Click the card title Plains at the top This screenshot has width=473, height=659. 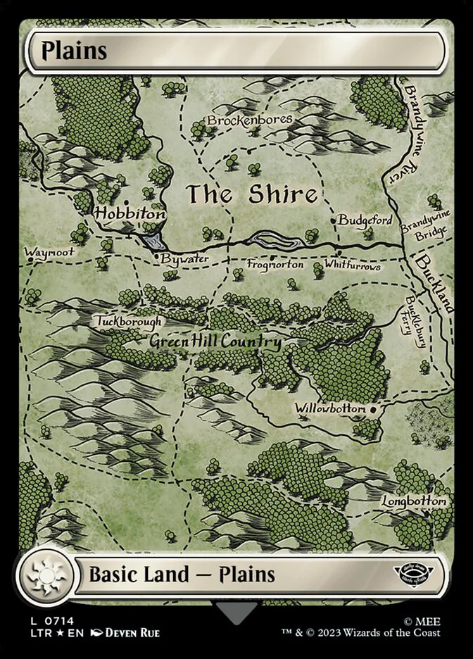pos(74,51)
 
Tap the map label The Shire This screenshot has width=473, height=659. pos(251,194)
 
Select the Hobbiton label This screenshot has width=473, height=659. pos(131,213)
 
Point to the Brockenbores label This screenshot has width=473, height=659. pos(250,120)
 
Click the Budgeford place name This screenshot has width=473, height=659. pos(365,220)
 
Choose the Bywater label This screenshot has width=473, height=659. pos(184,258)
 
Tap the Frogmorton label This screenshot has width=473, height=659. pos(275,265)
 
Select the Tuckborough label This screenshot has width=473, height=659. pos(130,321)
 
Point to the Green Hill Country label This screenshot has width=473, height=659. pos(215,342)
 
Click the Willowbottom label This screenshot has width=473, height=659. pos(330,408)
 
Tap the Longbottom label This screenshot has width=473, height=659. pos(415,501)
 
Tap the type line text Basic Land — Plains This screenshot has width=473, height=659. pos(182,575)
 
